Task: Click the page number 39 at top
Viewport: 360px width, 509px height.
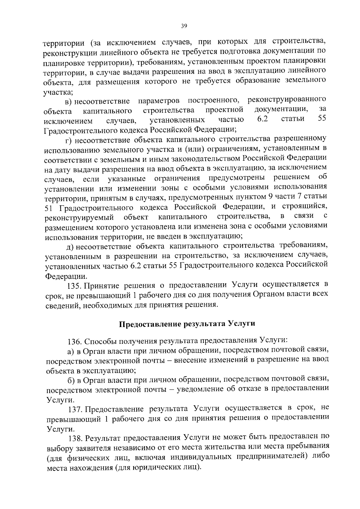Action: [x=184, y=26]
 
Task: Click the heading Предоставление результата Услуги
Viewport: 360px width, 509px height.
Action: [x=187, y=324]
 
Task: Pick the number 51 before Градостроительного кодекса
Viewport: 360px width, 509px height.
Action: [x=49, y=208]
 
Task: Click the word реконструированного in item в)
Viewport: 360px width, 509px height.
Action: [x=287, y=99]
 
